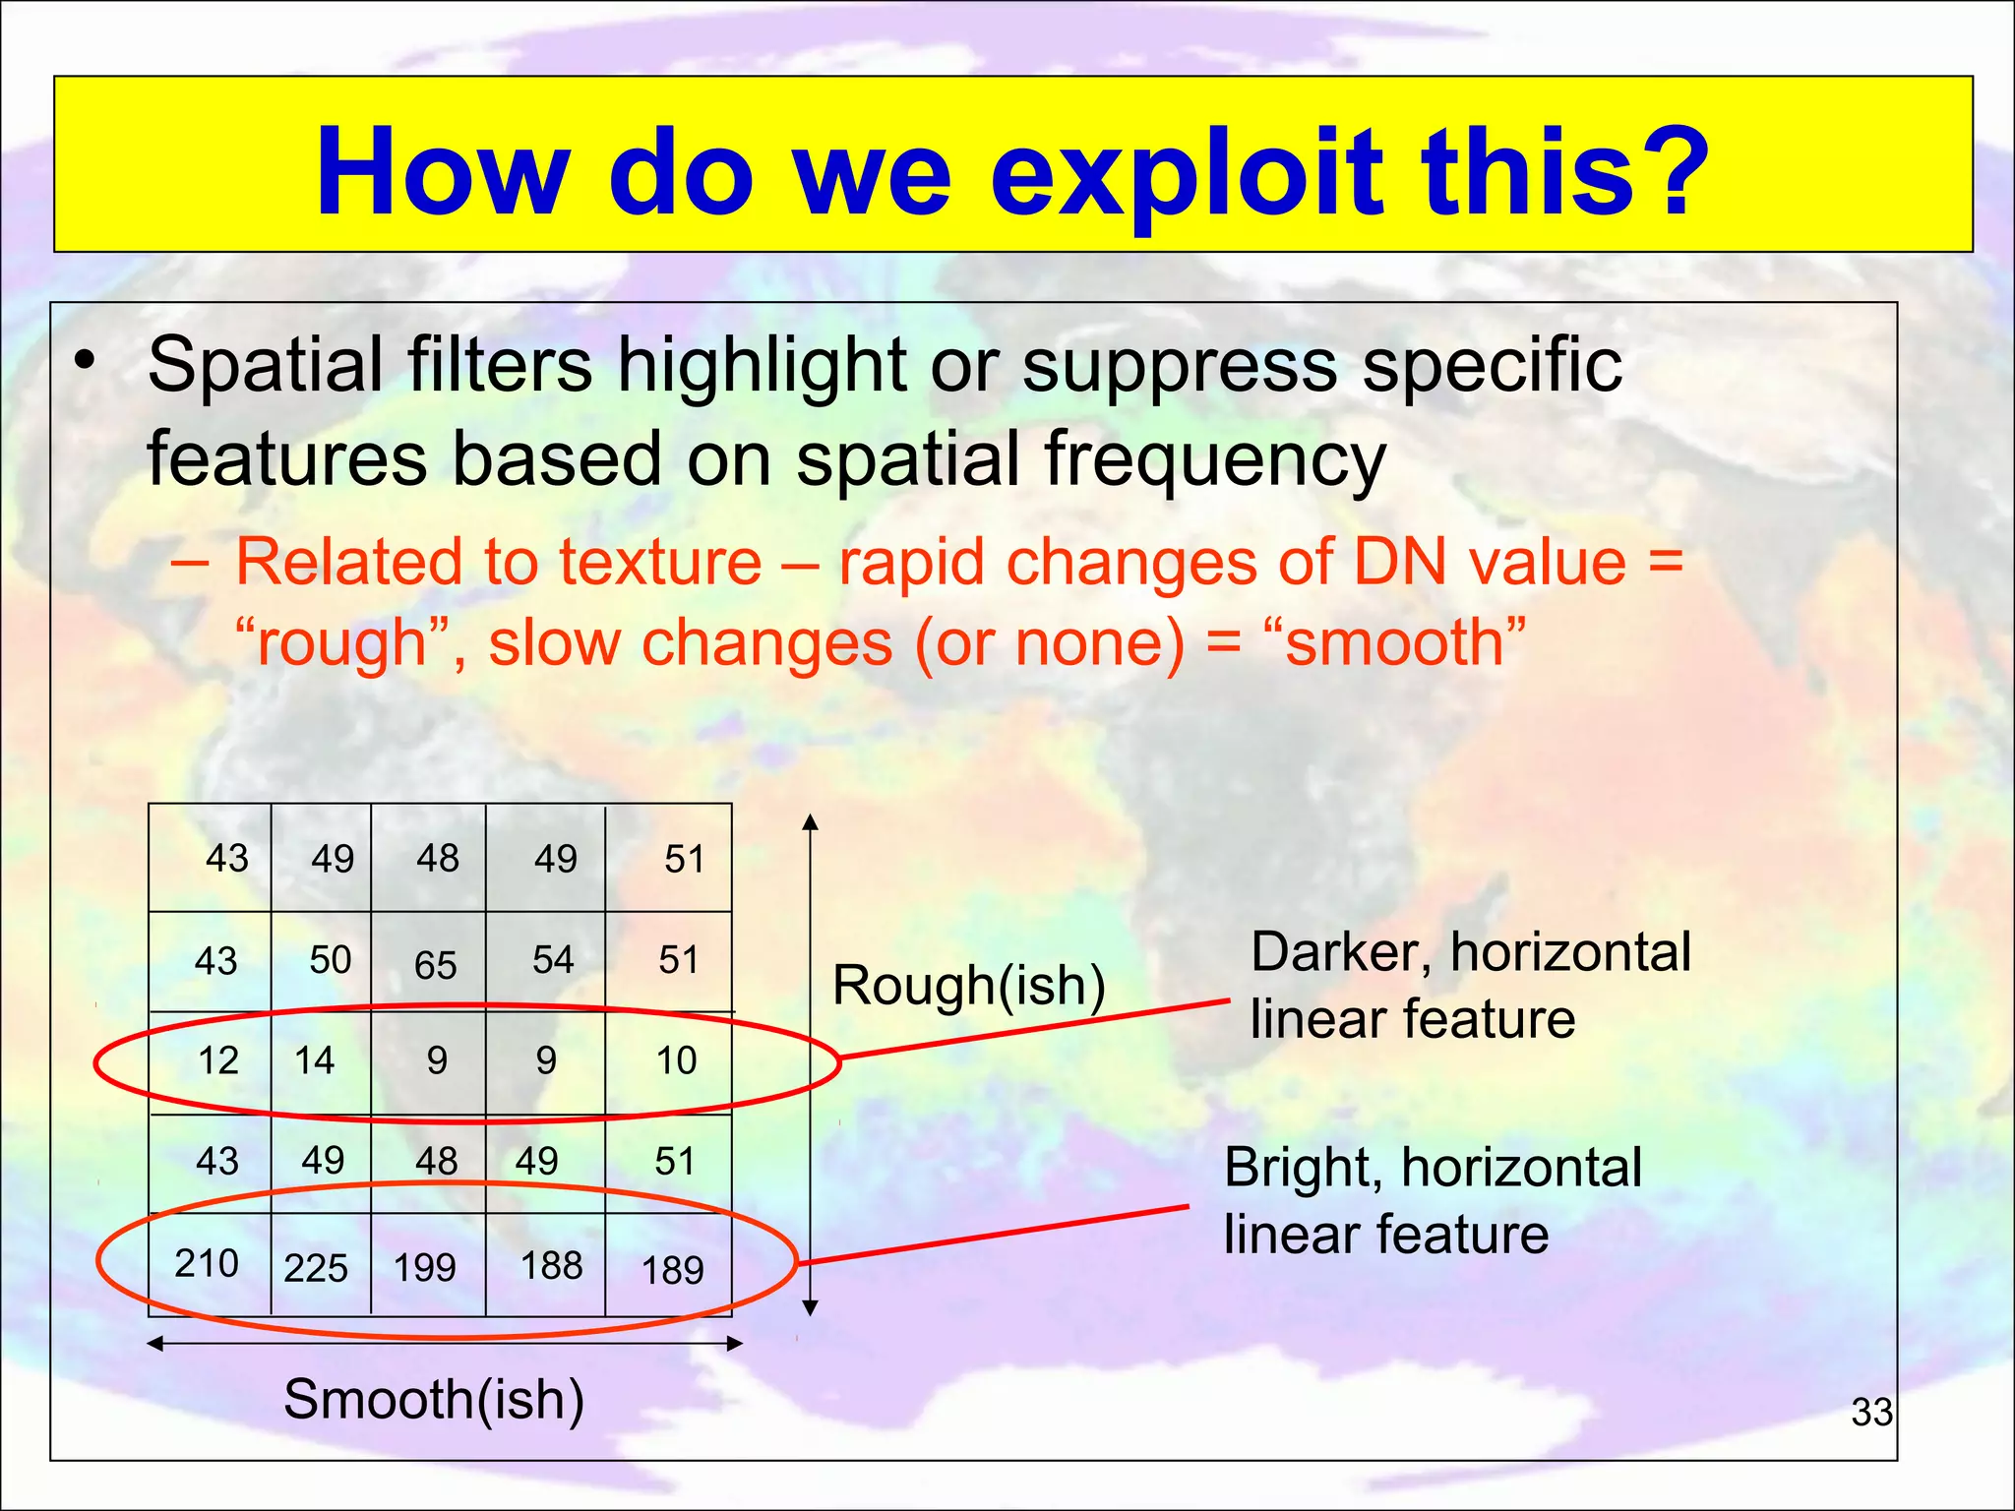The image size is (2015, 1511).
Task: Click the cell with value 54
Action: click(552, 960)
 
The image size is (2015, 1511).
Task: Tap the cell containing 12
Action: click(217, 1060)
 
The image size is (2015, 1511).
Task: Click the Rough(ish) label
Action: click(969, 985)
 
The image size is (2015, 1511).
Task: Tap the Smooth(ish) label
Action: click(434, 1399)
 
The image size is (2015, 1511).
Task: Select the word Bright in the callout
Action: click(1303, 1168)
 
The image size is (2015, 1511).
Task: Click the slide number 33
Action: click(1871, 1413)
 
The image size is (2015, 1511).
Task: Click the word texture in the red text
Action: click(660, 563)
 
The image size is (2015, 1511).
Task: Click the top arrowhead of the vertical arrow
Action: click(810, 822)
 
